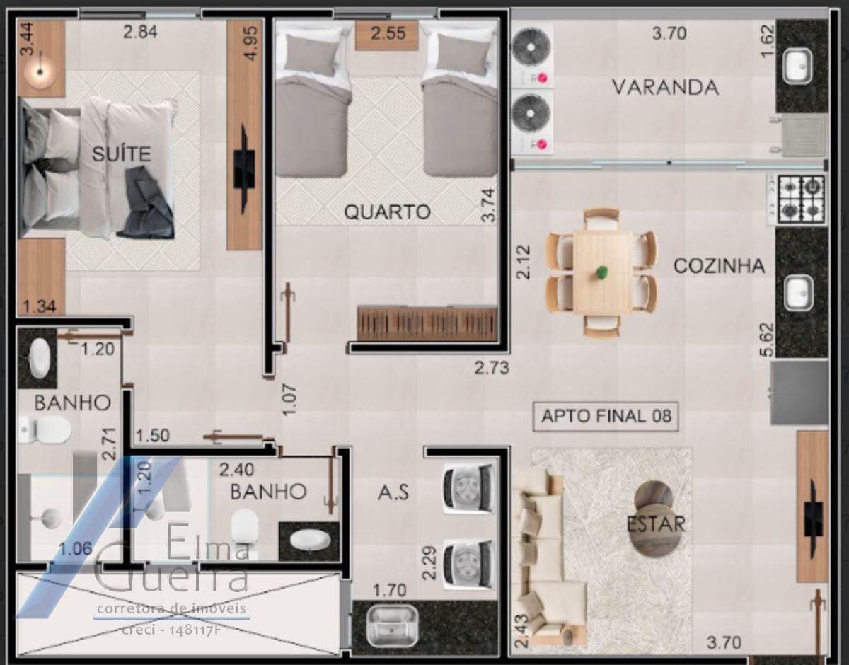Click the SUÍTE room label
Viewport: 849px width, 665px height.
tap(122, 154)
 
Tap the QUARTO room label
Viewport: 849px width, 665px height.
tap(387, 212)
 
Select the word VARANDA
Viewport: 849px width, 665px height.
tap(665, 87)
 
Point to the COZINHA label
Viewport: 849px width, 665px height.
tap(720, 266)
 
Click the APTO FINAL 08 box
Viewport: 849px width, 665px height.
tap(606, 416)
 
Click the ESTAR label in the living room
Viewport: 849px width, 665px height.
tap(656, 524)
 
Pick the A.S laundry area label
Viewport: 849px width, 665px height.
tap(393, 493)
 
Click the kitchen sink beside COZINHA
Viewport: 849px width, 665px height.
tap(799, 293)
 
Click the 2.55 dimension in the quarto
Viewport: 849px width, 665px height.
tap(388, 33)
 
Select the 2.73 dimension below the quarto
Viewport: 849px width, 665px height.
tap(492, 368)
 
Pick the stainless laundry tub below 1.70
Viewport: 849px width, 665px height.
tap(393, 625)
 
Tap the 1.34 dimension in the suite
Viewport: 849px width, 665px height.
tap(40, 306)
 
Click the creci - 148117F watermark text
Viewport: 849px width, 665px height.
tap(171, 630)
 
